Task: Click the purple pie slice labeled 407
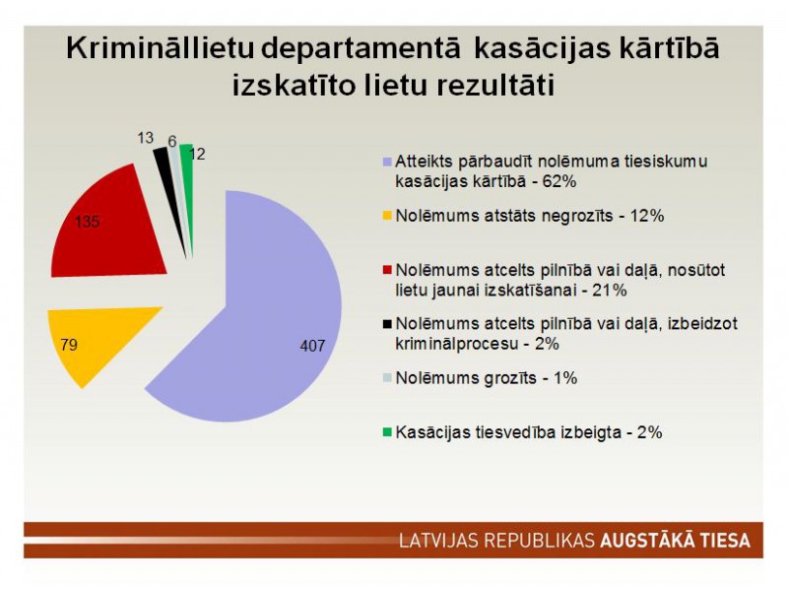pyautogui.click(x=261, y=322)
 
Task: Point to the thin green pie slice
pyautogui.click(x=188, y=191)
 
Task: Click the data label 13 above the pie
pyautogui.click(x=145, y=138)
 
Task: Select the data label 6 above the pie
pyautogui.click(x=172, y=142)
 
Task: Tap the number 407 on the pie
pyautogui.click(x=312, y=346)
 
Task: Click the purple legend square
pyautogui.click(x=387, y=162)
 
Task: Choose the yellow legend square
pyautogui.click(x=387, y=216)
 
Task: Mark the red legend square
pyautogui.click(x=387, y=271)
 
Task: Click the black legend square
pyautogui.click(x=387, y=324)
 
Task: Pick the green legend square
pyautogui.click(x=387, y=432)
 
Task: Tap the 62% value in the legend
pyautogui.click(x=558, y=181)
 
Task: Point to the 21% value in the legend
pyautogui.click(x=610, y=291)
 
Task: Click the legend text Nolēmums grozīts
pyautogui.click(x=466, y=378)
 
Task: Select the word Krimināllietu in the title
pyautogui.click(x=160, y=48)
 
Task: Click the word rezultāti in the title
pyautogui.click(x=495, y=86)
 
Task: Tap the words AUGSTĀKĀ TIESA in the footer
pyautogui.click(x=676, y=541)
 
